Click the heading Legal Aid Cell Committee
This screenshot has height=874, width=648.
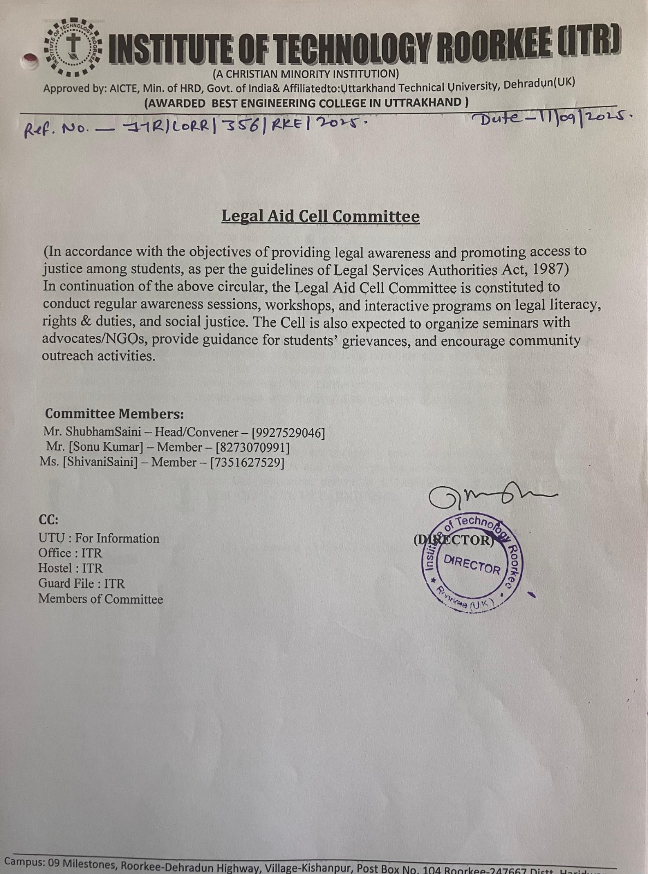point(320,216)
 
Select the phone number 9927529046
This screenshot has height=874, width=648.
point(288,433)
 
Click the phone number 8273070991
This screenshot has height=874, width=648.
point(252,448)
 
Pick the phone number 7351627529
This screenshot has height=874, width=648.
point(247,463)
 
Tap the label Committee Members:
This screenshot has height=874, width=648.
point(114,414)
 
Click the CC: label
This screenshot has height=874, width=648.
point(48,519)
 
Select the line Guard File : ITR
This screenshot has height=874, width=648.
point(81,583)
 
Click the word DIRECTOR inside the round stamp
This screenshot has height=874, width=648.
point(472,564)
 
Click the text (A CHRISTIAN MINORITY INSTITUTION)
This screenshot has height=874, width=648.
point(305,74)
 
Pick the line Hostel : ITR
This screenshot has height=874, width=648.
point(70,568)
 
